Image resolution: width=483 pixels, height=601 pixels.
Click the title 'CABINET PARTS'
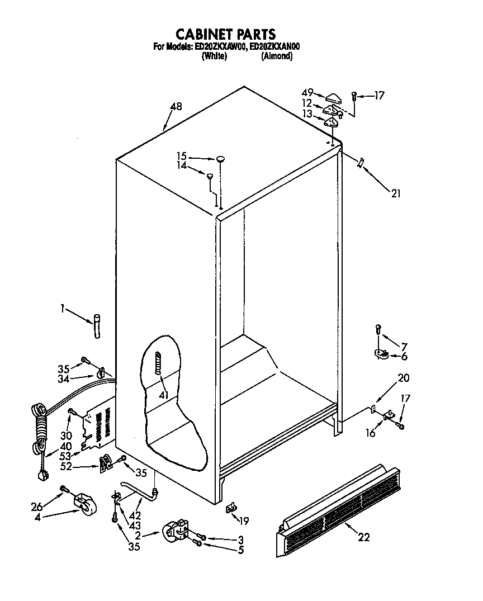[226, 35]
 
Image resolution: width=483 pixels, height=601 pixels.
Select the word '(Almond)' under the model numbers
[276, 56]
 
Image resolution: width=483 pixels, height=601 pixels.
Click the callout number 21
[395, 193]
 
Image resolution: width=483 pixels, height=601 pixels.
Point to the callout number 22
[363, 537]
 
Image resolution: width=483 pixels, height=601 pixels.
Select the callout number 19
[243, 521]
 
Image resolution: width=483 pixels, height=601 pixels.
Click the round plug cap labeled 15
[221, 159]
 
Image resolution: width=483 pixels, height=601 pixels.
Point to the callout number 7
[404, 346]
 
